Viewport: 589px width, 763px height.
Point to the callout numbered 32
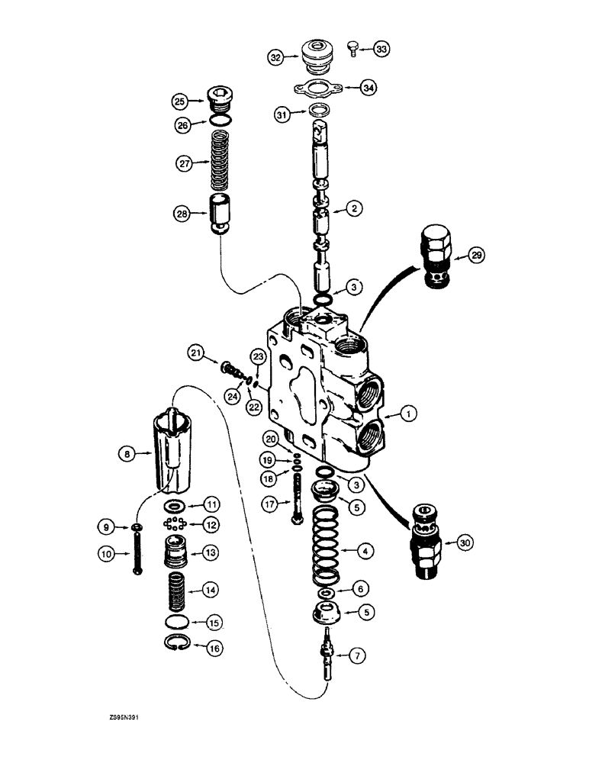click(x=275, y=56)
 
